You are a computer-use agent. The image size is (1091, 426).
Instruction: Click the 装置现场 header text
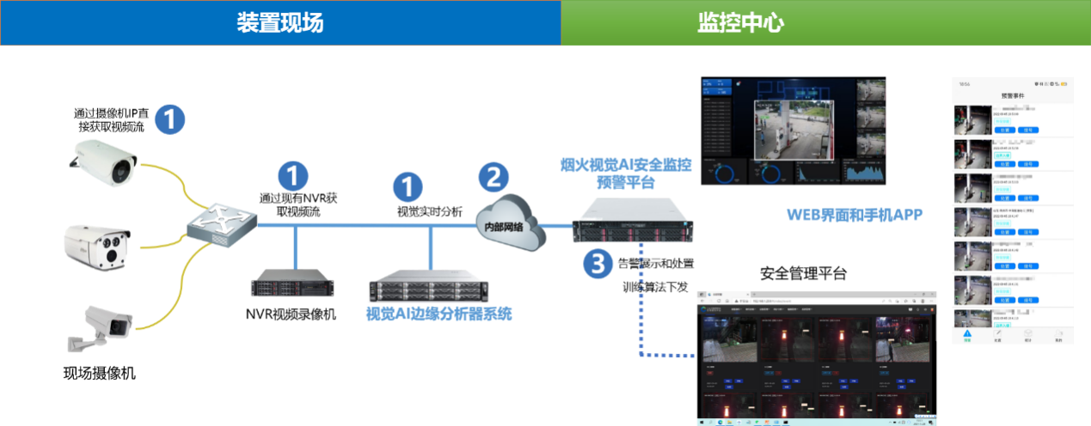280,23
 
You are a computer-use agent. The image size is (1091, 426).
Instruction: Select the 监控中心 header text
740,23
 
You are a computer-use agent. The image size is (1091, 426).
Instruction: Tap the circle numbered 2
493,178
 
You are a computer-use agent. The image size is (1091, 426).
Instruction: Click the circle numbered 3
598,263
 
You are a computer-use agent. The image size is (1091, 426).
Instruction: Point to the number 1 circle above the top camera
169,119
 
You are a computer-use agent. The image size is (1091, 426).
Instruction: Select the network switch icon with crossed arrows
222,225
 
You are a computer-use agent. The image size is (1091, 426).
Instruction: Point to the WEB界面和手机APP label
855,215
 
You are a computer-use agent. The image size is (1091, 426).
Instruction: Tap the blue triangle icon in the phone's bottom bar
967,334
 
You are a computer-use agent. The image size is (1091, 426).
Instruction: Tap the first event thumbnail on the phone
973,120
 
